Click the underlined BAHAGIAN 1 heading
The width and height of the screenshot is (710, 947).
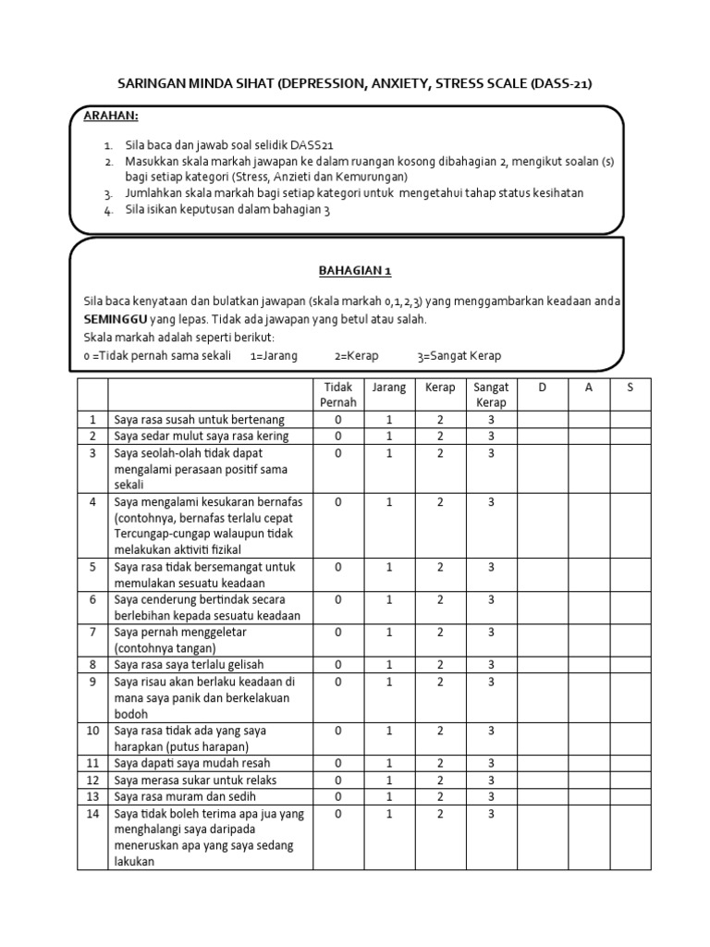click(x=356, y=271)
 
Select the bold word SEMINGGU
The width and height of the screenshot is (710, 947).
click(x=116, y=319)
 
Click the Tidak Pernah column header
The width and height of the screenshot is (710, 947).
click(x=337, y=395)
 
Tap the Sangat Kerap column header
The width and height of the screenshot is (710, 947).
click(x=491, y=395)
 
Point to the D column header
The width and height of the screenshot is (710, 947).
click(x=542, y=387)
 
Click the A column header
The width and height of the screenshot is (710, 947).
click(x=588, y=387)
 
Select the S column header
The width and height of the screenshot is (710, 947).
click(x=630, y=387)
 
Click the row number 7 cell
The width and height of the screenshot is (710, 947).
click(x=92, y=632)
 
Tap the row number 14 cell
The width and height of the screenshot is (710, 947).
click(x=92, y=814)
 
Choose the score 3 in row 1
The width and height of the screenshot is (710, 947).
click(x=491, y=420)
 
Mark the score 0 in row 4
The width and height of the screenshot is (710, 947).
click(x=338, y=502)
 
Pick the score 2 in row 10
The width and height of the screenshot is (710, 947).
click(x=441, y=731)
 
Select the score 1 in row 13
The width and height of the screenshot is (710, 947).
click(x=389, y=797)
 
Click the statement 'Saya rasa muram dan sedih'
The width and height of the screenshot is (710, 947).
click(x=183, y=797)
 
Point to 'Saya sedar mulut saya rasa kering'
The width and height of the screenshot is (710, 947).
click(x=202, y=437)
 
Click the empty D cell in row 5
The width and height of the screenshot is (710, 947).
click(x=542, y=575)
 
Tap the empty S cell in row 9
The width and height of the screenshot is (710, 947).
click(x=630, y=698)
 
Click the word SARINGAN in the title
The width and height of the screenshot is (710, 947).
click(x=153, y=84)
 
